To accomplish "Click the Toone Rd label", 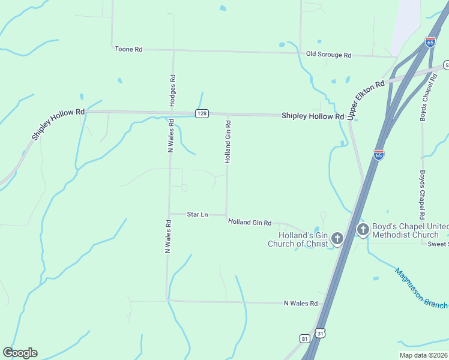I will (x=128, y=49).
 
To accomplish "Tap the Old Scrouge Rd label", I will (x=328, y=55).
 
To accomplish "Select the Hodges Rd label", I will (x=173, y=91).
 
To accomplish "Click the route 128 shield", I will (x=202, y=113).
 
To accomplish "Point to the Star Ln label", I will (x=197, y=214).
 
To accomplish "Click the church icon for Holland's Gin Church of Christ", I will (x=337, y=239).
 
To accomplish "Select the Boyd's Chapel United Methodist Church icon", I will (x=363, y=230).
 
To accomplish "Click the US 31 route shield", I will (x=321, y=333).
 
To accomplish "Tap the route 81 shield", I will (x=305, y=338).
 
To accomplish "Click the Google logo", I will (x=20, y=353).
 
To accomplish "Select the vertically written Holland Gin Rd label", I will (x=228, y=142).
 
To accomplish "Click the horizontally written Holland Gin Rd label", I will (x=250, y=222).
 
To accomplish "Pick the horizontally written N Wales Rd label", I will (x=300, y=304).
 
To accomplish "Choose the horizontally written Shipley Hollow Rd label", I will (x=312, y=116).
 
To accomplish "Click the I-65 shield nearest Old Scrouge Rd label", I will (x=430, y=41).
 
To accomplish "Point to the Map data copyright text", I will (x=423, y=355).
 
